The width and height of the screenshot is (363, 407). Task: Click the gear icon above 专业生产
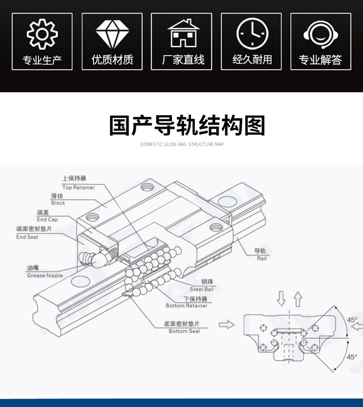click(42, 34)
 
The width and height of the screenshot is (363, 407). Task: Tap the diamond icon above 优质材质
click(112, 34)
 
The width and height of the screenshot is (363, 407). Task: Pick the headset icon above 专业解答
click(320, 34)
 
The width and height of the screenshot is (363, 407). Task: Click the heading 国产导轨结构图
click(187, 125)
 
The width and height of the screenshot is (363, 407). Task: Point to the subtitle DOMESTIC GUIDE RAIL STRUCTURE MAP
click(182, 144)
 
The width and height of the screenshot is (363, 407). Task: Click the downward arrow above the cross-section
click(281, 299)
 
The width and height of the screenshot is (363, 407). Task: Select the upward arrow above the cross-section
click(298, 299)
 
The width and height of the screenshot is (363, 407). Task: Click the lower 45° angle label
click(352, 356)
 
